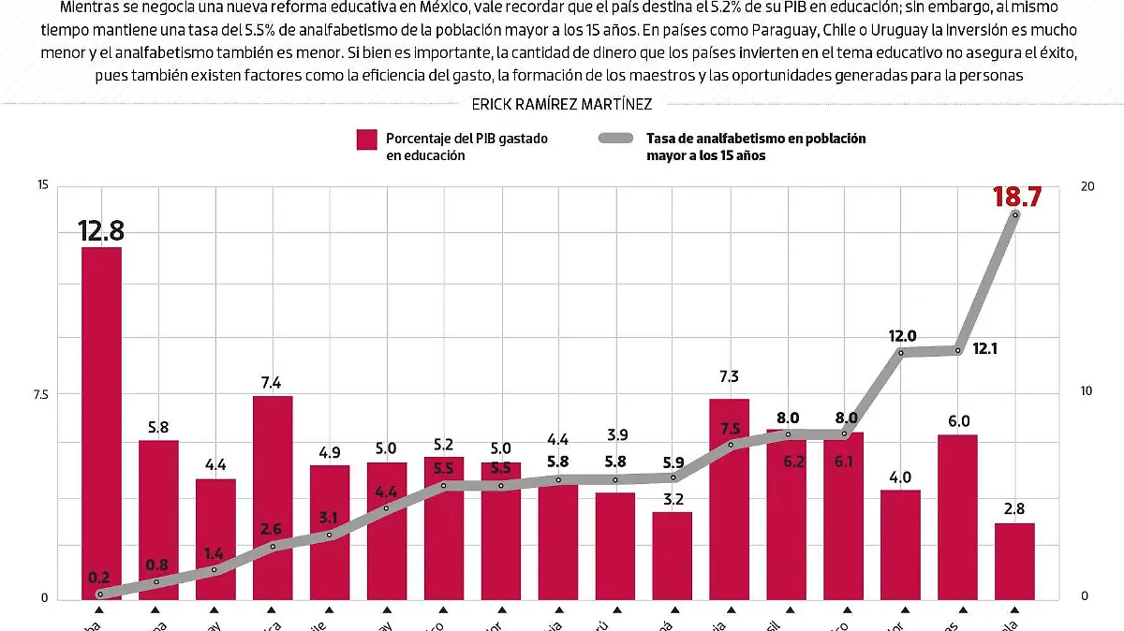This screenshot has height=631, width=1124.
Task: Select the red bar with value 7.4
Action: pos(273,497)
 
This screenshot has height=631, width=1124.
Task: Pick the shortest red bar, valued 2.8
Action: pos(1014,561)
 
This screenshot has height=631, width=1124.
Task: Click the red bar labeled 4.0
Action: pos(900,544)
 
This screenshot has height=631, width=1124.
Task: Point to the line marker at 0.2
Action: pos(99,594)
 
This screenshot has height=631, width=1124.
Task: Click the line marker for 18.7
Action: pos(1015,214)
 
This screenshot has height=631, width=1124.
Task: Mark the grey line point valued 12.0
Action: pos(901,353)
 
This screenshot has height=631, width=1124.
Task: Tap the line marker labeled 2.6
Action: pos(273,546)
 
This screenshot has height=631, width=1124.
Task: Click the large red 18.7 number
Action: pos(1015,197)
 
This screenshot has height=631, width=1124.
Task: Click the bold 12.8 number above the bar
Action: pos(101,230)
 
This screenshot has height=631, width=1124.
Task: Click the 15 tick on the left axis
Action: pos(41,186)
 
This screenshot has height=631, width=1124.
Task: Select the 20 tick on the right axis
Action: pos(1087,186)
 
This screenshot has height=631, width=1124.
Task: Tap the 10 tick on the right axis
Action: pos(1087,391)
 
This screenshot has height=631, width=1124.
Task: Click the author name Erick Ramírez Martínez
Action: pos(562,104)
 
